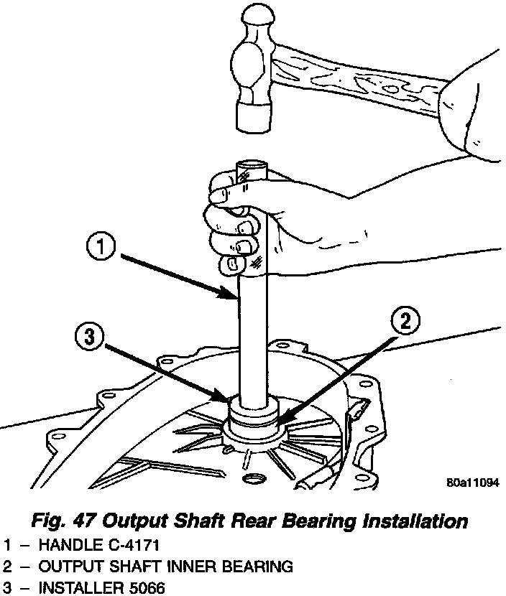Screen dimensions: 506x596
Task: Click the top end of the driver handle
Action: point(252,166)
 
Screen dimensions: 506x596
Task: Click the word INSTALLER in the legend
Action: point(75,589)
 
